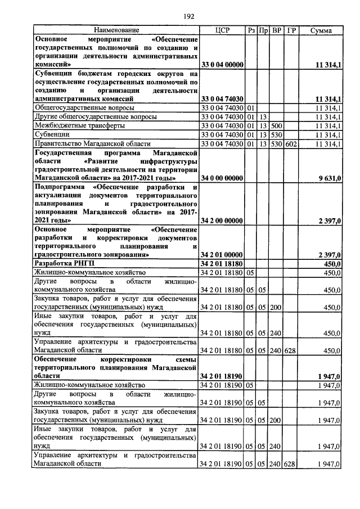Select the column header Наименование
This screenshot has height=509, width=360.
(116, 30)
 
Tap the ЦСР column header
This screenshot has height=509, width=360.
(222, 30)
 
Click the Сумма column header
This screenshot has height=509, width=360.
(321, 30)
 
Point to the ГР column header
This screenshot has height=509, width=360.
(291, 30)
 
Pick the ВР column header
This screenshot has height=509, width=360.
(276, 30)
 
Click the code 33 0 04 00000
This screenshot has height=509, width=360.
(222, 65)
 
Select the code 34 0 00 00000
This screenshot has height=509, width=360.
(222, 178)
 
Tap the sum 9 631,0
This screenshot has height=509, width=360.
(328, 178)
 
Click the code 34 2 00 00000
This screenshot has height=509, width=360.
(222, 221)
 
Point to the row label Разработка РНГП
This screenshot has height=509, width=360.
(62, 263)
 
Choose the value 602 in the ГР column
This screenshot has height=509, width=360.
(290, 145)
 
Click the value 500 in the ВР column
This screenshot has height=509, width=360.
(276, 125)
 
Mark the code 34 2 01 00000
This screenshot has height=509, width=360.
(222, 254)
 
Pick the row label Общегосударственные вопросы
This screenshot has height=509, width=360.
(84, 107)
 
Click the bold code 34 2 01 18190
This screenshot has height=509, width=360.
(222, 375)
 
